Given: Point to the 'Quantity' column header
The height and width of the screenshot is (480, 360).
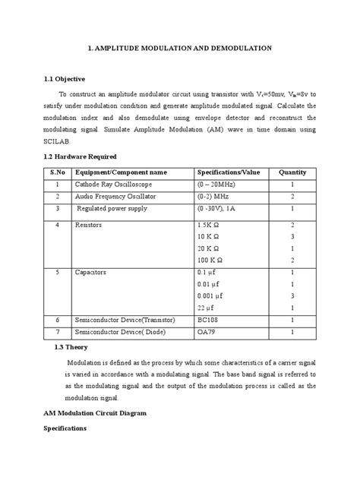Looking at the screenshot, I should point(292,172).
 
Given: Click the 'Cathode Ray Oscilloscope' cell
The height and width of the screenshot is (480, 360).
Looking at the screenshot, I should point(112,185).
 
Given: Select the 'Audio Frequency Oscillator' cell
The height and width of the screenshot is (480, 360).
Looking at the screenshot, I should point(114,196).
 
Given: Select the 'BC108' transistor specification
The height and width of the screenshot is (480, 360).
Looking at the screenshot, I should point(208,321).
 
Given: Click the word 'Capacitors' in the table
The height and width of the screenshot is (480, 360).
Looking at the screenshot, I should point(90,271).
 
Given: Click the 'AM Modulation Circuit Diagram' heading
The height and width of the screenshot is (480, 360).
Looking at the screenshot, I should point(91,413).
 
